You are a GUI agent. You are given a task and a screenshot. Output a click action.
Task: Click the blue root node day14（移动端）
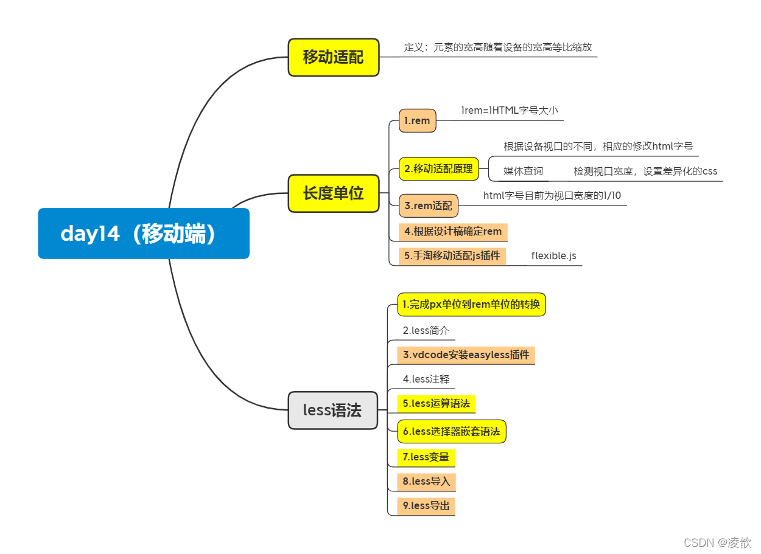click(144, 234)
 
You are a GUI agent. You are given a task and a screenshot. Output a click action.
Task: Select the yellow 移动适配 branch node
click(333, 57)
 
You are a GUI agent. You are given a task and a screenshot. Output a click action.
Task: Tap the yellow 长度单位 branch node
click(333, 193)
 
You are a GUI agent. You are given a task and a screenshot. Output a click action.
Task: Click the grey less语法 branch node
click(332, 410)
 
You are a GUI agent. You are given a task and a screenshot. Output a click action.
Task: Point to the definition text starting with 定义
click(497, 47)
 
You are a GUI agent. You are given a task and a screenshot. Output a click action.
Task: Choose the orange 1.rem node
click(417, 120)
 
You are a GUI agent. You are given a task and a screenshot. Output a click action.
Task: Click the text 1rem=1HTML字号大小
click(509, 111)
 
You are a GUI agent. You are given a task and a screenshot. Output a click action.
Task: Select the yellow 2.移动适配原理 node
click(438, 169)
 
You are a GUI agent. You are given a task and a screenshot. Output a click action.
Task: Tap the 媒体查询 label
click(523, 171)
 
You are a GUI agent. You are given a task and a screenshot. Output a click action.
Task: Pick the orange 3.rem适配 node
click(428, 206)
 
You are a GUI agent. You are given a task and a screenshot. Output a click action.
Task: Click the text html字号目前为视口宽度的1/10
click(552, 195)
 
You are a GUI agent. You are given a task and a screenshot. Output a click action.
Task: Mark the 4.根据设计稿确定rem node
click(452, 232)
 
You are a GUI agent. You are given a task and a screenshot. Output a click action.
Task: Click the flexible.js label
click(553, 256)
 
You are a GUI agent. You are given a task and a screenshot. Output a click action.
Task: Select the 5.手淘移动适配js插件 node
click(452, 256)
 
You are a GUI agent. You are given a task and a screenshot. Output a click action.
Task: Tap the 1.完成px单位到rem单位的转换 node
click(471, 305)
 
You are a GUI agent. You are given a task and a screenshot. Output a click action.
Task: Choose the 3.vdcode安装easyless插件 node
click(466, 355)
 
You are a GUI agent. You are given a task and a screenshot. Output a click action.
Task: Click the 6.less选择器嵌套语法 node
click(451, 431)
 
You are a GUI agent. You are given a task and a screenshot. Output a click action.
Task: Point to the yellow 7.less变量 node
click(426, 457)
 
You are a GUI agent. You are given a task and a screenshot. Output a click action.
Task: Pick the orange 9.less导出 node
click(426, 506)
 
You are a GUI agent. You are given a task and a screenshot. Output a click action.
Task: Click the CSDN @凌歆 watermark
click(717, 542)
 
